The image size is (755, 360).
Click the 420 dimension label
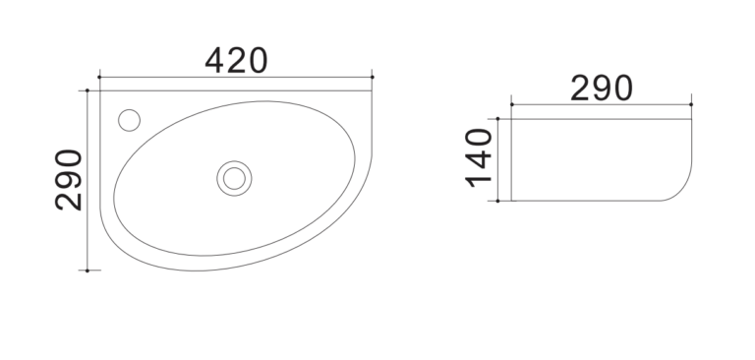pos(236,60)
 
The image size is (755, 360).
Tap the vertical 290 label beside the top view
pos(69,180)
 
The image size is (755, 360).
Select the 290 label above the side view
pos(602,89)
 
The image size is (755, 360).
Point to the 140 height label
pos(479,157)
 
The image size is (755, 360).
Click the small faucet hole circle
pos(129,120)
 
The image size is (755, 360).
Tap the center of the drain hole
pos(234,178)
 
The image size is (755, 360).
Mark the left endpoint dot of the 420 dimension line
pos(99,77)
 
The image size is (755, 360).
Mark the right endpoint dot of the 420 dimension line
pos(373,77)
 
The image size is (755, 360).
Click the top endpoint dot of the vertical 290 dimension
pos(87,90)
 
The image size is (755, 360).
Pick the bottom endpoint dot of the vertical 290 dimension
pos(87,270)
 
